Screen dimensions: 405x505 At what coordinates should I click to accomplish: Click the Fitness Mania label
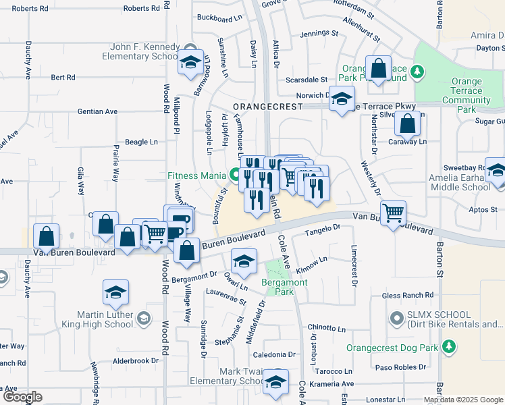pos(196,175)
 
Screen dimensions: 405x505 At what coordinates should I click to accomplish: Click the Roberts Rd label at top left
pos(30,9)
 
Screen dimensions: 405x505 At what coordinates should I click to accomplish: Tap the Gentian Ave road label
pos(78,111)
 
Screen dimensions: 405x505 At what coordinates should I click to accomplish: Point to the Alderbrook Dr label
pos(135,360)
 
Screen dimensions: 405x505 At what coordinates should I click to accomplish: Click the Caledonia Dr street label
pos(275,354)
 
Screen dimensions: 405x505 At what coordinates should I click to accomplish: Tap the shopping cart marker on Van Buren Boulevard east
pos(393,214)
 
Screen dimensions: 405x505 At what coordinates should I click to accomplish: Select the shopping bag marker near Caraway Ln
pos(407,124)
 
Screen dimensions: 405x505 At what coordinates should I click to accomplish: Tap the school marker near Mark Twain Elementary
pos(275,382)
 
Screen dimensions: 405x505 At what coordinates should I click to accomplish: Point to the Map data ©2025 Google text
pos(464,400)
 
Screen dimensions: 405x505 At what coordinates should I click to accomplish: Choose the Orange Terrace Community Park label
pos(467,90)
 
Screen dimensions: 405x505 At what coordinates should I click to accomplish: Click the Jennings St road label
pos(319,32)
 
